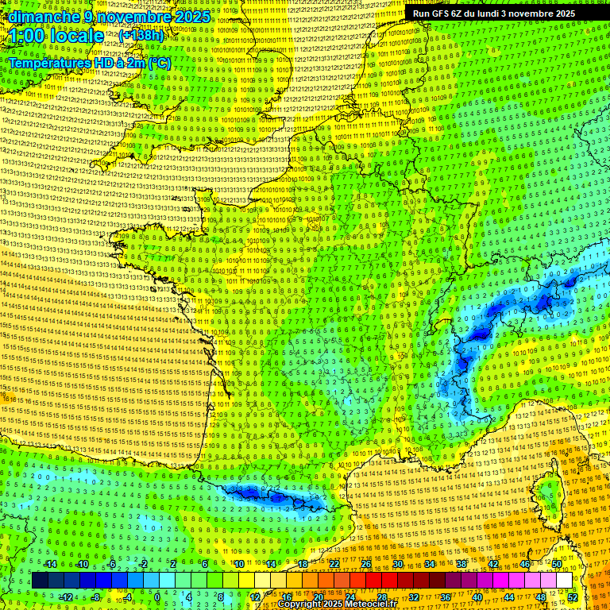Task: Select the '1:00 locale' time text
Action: coord(56,36)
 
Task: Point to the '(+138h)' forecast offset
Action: coord(141,36)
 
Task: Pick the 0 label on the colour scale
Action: coord(157,596)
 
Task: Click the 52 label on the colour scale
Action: coord(572,596)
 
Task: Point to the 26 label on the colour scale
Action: coord(366,564)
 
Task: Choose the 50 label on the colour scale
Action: coord(557,564)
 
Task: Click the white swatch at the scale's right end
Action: coord(564,581)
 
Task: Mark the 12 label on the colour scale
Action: coord(254,596)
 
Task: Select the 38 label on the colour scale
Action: coord(461,564)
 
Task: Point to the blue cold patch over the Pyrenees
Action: coord(270,496)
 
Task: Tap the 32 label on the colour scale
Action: coord(413,596)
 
